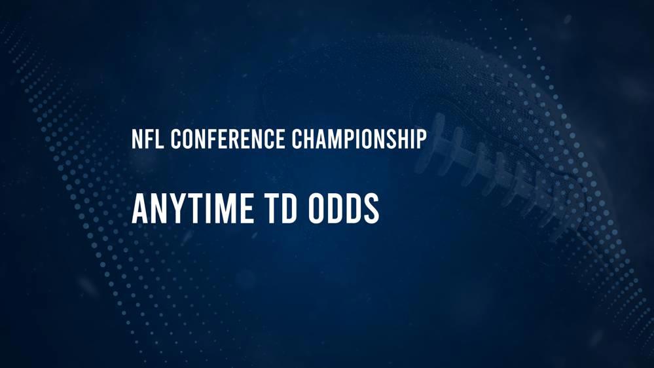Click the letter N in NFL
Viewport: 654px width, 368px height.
(137, 139)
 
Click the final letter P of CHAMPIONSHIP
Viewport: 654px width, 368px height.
(422, 139)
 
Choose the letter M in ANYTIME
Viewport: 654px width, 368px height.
(221, 210)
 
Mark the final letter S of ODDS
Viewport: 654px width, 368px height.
(372, 210)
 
